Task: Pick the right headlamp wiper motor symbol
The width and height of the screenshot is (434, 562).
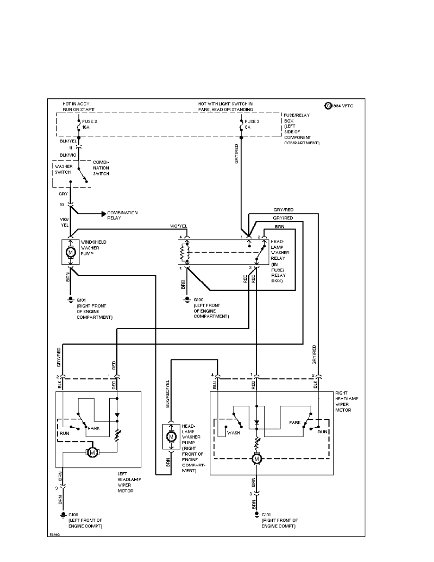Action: pos(256,459)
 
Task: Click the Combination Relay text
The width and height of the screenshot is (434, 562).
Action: pos(122,216)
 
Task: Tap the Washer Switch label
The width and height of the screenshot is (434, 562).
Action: pos(62,169)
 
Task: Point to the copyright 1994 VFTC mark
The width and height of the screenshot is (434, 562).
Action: pos(339,105)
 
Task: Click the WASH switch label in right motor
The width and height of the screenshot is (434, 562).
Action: pos(234,432)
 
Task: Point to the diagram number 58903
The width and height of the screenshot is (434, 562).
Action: pos(56,534)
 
